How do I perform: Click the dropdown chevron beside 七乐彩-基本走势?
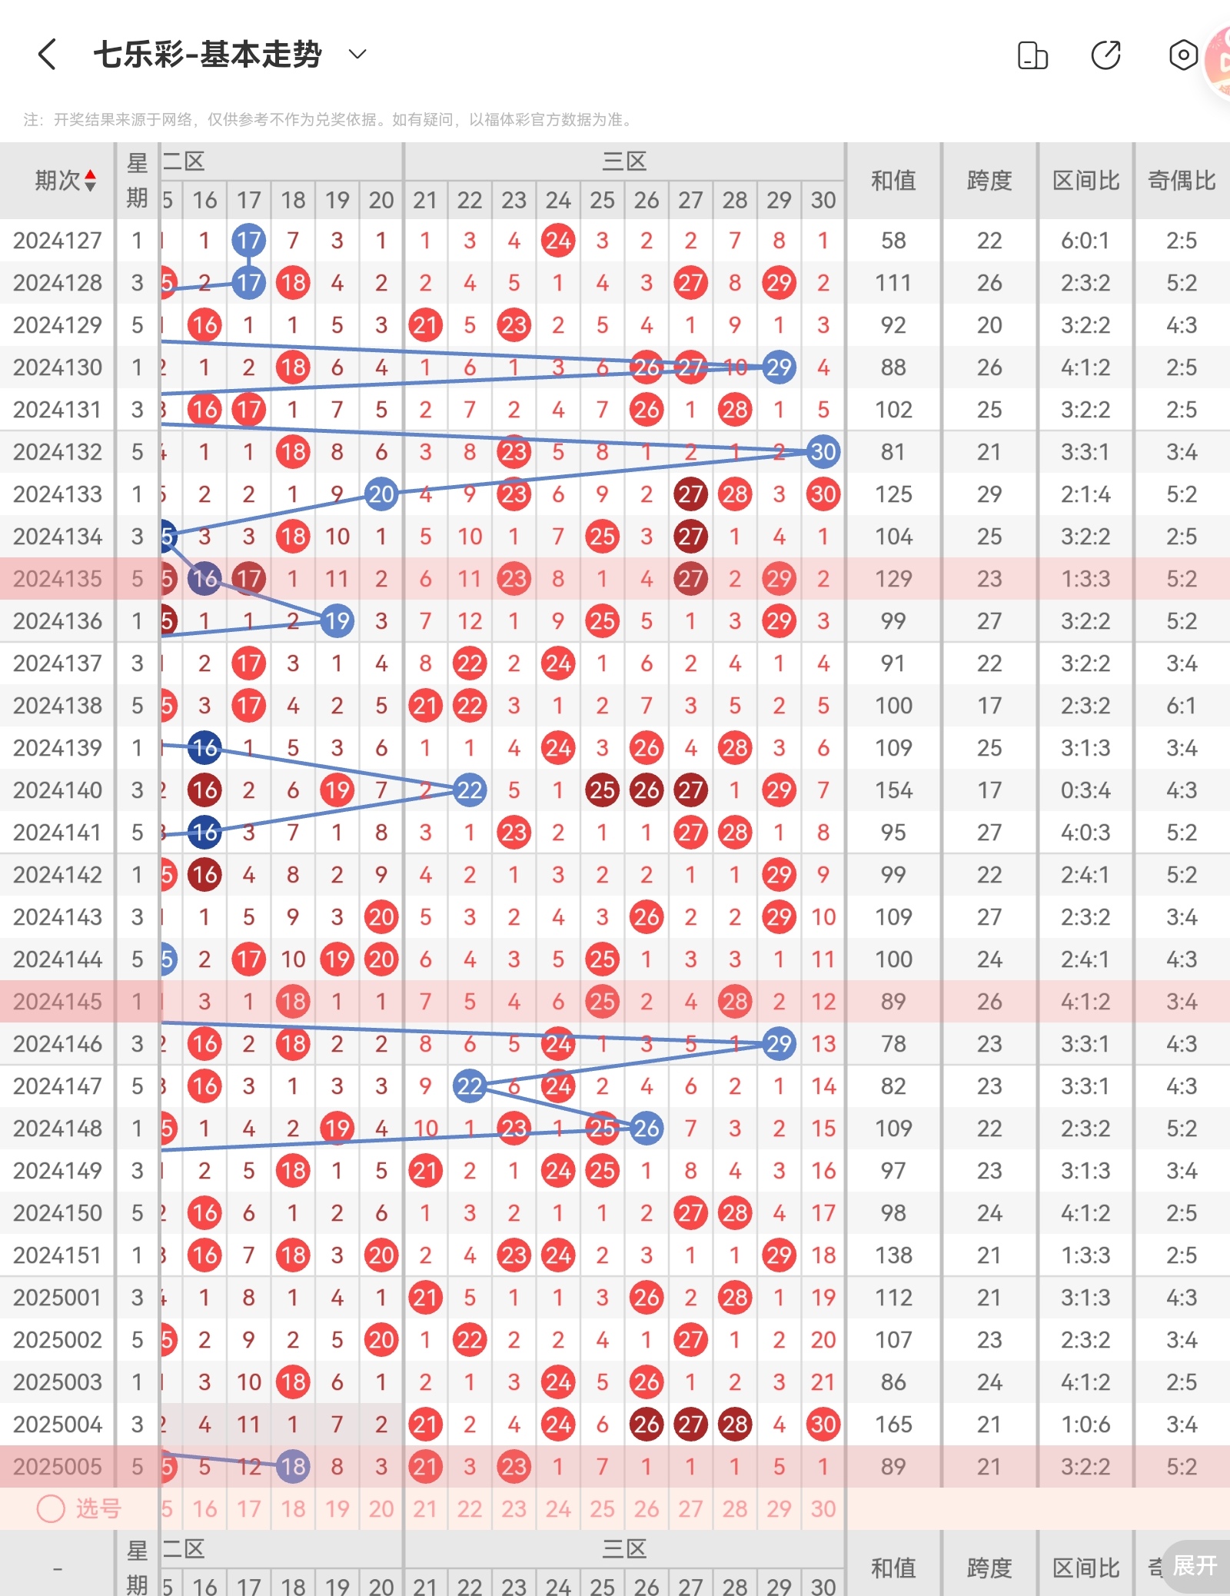click(x=357, y=54)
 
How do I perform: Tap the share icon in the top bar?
click(x=1105, y=55)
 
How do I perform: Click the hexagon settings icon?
click(x=1183, y=55)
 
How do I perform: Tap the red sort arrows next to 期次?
click(x=91, y=181)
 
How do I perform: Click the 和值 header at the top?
click(x=893, y=181)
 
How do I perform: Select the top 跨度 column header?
click(x=989, y=181)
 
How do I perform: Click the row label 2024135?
click(x=58, y=579)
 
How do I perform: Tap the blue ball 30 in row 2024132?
click(x=823, y=452)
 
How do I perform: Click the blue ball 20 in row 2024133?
click(x=381, y=494)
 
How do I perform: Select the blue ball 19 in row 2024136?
click(x=337, y=621)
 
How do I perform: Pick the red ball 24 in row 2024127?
click(x=558, y=241)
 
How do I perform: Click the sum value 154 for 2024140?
click(x=893, y=790)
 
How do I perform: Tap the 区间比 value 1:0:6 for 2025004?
click(x=1085, y=1425)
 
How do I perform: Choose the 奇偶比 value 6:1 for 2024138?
click(x=1182, y=706)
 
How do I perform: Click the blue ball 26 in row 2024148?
click(x=647, y=1129)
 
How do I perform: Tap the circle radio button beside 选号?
click(x=51, y=1508)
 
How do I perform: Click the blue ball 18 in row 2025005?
click(x=293, y=1467)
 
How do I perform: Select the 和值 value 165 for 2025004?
click(x=893, y=1425)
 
